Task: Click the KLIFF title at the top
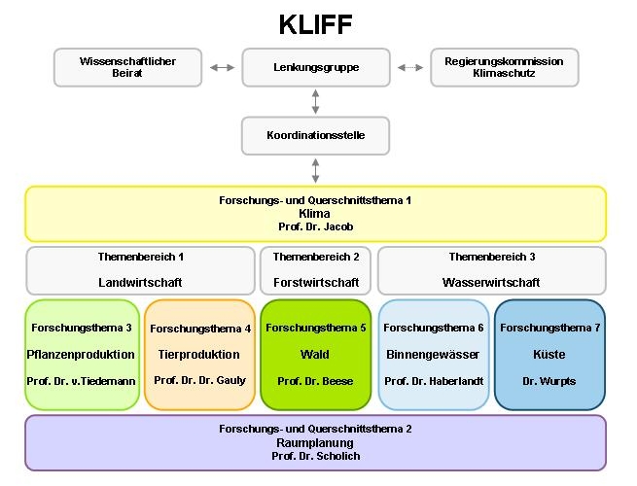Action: (x=315, y=23)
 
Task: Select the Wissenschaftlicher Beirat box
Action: (x=127, y=67)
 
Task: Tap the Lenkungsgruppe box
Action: (x=315, y=67)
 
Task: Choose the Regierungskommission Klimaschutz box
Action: (x=504, y=67)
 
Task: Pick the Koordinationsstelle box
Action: (x=315, y=135)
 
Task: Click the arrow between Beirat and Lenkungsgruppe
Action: (x=222, y=67)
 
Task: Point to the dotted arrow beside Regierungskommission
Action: (x=410, y=67)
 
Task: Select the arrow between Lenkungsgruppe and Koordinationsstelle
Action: (x=316, y=101)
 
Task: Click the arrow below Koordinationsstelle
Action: (x=316, y=170)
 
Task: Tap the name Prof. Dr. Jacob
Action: (x=315, y=226)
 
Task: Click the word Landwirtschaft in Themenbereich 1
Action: (x=140, y=282)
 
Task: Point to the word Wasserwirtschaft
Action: (x=491, y=282)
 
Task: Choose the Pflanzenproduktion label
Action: (x=82, y=354)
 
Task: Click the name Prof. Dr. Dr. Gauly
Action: (x=199, y=380)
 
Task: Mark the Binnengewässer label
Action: (x=433, y=354)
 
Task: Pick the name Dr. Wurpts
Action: (x=549, y=381)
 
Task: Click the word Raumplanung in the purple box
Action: (x=315, y=441)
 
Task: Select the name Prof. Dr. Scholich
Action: (x=315, y=455)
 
